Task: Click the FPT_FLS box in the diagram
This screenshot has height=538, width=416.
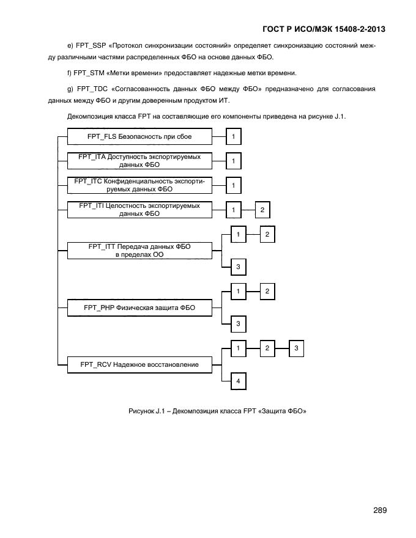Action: coord(139,136)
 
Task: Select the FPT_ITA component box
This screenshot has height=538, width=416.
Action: coord(139,161)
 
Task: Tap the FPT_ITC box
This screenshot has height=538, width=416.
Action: coord(139,185)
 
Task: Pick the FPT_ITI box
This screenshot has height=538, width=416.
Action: coord(139,210)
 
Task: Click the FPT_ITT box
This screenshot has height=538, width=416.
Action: coord(139,251)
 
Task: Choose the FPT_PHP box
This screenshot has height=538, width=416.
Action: coord(139,308)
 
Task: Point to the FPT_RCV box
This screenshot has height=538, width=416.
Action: coord(139,365)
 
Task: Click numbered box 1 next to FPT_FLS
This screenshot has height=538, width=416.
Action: coord(233,136)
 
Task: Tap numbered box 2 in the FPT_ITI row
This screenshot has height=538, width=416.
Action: coord(262,210)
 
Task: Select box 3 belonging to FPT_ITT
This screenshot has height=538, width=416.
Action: coord(237,267)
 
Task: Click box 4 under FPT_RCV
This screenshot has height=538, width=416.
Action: coord(237,381)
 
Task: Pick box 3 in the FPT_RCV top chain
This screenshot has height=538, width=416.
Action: coord(296,348)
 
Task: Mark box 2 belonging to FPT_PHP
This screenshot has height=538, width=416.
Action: coord(267,292)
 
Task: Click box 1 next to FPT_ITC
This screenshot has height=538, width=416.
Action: coord(233,185)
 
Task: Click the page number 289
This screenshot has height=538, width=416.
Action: coord(379,510)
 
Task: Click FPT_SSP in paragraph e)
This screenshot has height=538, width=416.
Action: coord(90,46)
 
